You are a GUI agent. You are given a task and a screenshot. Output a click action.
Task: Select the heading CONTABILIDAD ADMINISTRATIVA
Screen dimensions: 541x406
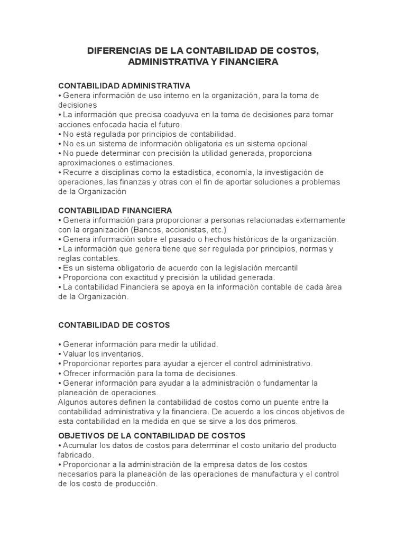pyautogui.click(x=124, y=86)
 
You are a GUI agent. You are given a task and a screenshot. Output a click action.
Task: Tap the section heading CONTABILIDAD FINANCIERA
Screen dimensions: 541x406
pyautogui.click(x=115, y=210)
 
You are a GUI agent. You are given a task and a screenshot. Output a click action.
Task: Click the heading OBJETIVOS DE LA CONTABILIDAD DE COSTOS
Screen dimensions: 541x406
pyautogui.click(x=152, y=436)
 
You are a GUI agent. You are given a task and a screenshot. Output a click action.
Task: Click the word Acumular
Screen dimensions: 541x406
pyautogui.click(x=80, y=445)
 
